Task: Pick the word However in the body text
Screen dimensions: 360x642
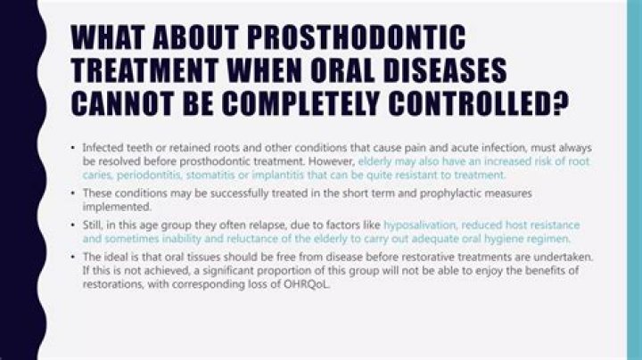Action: click(x=329, y=163)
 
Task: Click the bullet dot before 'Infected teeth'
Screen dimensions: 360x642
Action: click(x=72, y=148)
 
